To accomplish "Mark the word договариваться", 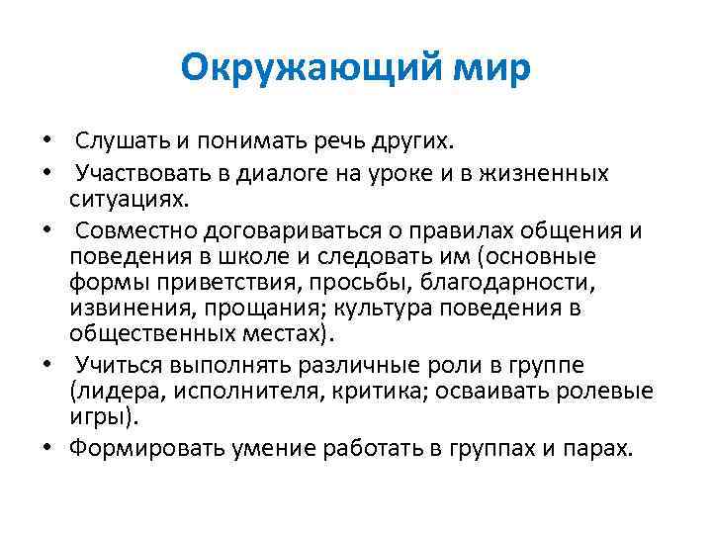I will point(281,230).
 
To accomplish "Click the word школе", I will point(259,257).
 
